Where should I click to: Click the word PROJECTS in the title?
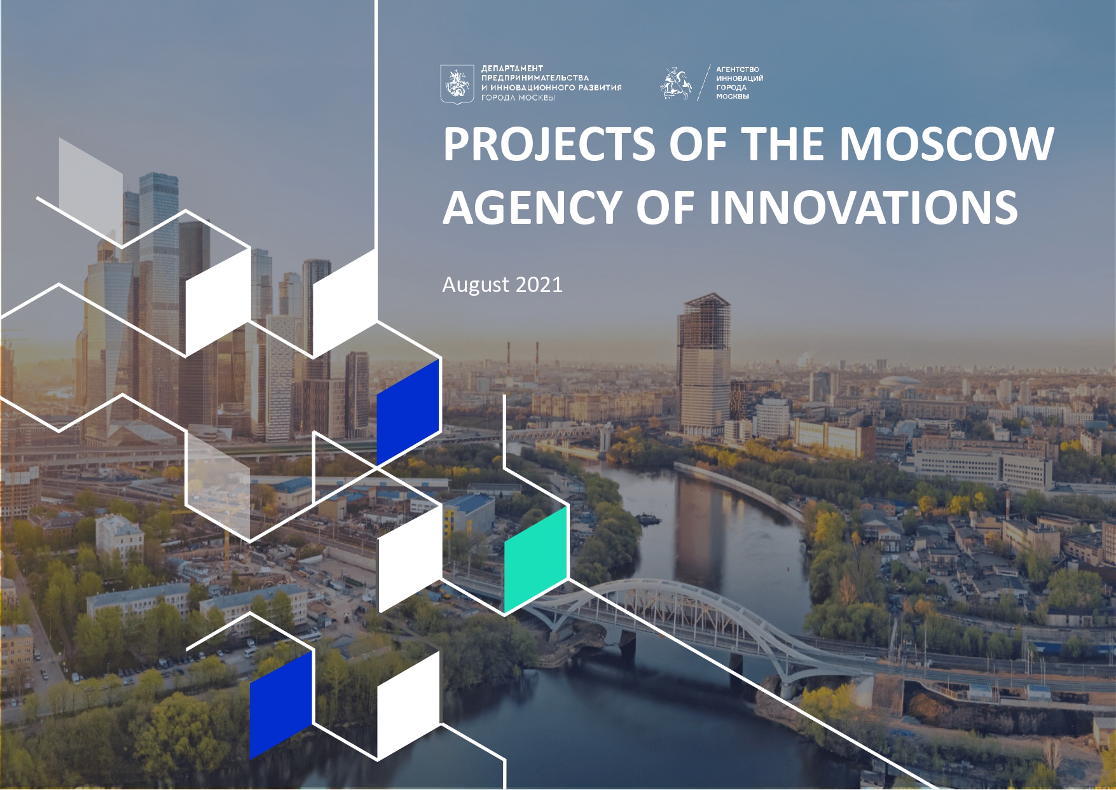click(549, 144)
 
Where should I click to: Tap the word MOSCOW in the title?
click(947, 144)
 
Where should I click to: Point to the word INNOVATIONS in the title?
click(863, 207)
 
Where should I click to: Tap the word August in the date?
click(476, 285)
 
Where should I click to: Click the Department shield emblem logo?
click(457, 83)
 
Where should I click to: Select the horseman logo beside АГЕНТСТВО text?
click(675, 84)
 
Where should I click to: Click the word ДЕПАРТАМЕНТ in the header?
click(512, 68)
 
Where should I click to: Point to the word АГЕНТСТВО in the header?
click(738, 69)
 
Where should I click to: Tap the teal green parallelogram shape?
click(536, 560)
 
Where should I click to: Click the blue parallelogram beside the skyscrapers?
click(408, 412)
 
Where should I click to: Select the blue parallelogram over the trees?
click(281, 705)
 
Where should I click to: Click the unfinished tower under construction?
click(704, 363)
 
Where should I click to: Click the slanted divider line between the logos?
click(704, 83)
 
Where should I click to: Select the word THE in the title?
click(785, 144)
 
